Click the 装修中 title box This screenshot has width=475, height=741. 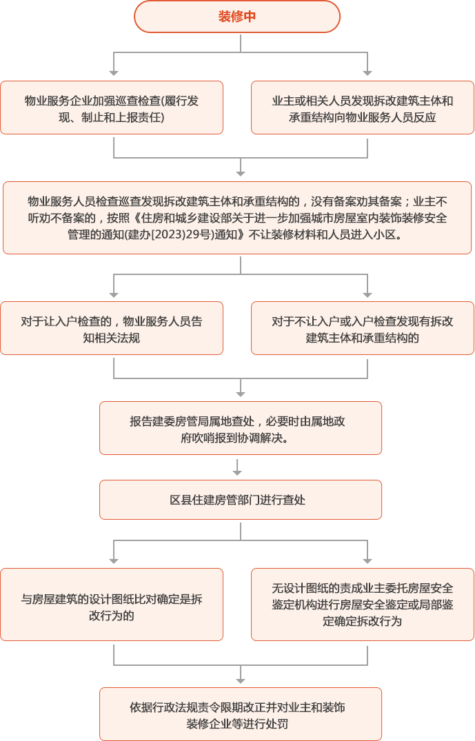[237, 17]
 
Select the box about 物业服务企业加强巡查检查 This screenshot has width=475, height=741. [112, 108]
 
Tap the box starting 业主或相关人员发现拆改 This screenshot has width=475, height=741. [363, 108]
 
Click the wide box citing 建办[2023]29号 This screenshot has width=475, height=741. [237, 218]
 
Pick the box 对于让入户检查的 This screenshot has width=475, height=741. [112, 329]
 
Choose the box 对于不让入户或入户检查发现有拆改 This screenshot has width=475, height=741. [363, 329]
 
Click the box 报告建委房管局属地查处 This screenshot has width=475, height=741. [240, 428]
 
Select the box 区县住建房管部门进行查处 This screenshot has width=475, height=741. [240, 500]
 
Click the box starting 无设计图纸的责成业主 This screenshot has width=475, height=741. [363, 605]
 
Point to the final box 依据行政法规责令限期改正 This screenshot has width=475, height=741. [240, 713]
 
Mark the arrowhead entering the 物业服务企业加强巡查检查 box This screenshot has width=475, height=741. [114, 72]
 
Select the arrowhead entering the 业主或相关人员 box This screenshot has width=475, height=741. [368, 72]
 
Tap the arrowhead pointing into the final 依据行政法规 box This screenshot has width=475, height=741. [240, 679]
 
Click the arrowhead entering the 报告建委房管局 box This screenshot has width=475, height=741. [240, 393]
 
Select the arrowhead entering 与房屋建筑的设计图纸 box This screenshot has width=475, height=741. [114, 560]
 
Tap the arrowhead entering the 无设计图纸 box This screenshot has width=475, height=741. [368, 560]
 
